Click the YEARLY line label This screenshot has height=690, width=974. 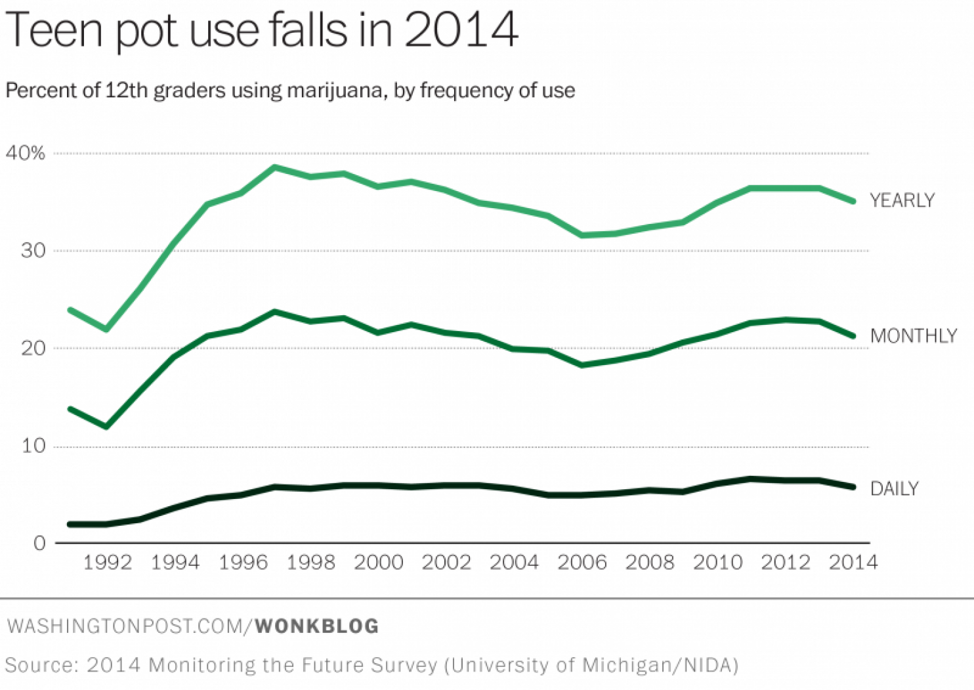coord(902,200)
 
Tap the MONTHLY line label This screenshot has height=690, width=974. coord(913,336)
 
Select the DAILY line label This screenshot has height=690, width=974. coord(894,488)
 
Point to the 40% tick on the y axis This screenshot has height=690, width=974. coord(26,154)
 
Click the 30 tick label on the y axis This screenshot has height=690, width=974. coord(33,251)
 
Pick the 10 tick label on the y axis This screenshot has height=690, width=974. coord(33,446)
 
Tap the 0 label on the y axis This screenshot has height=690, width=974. coord(39,543)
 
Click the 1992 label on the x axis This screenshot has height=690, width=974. coord(108,563)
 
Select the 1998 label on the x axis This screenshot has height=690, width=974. coord(311,563)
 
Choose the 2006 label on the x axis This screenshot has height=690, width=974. coord(582,563)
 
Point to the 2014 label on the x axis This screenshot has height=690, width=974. coord(853,563)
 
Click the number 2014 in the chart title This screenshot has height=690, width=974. coord(461,30)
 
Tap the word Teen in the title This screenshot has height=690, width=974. coord(54,30)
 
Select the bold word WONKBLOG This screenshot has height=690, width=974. coord(316,626)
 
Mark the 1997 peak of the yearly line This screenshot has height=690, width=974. coord(275,167)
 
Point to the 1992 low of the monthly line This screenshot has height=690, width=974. coord(106,427)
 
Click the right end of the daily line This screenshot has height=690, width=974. coord(853,487)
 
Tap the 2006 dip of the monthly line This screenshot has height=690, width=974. coord(582,365)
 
